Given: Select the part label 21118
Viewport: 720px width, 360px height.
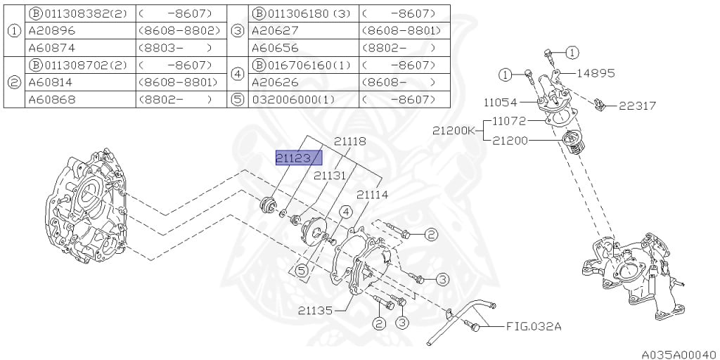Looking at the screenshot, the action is coord(350,141).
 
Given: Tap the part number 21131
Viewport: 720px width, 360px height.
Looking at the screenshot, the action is coord(330,175).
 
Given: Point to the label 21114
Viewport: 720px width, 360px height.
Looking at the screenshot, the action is coord(373,195).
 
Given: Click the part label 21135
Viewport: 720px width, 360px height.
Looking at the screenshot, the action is coord(315,311).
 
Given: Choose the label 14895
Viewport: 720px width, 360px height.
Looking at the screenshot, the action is coord(596,73).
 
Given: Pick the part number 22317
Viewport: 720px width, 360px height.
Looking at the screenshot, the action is coord(637,106).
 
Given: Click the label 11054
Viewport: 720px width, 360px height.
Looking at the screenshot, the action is coord(500,103).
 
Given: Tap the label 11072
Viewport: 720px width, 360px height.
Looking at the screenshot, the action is coord(509,121).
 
